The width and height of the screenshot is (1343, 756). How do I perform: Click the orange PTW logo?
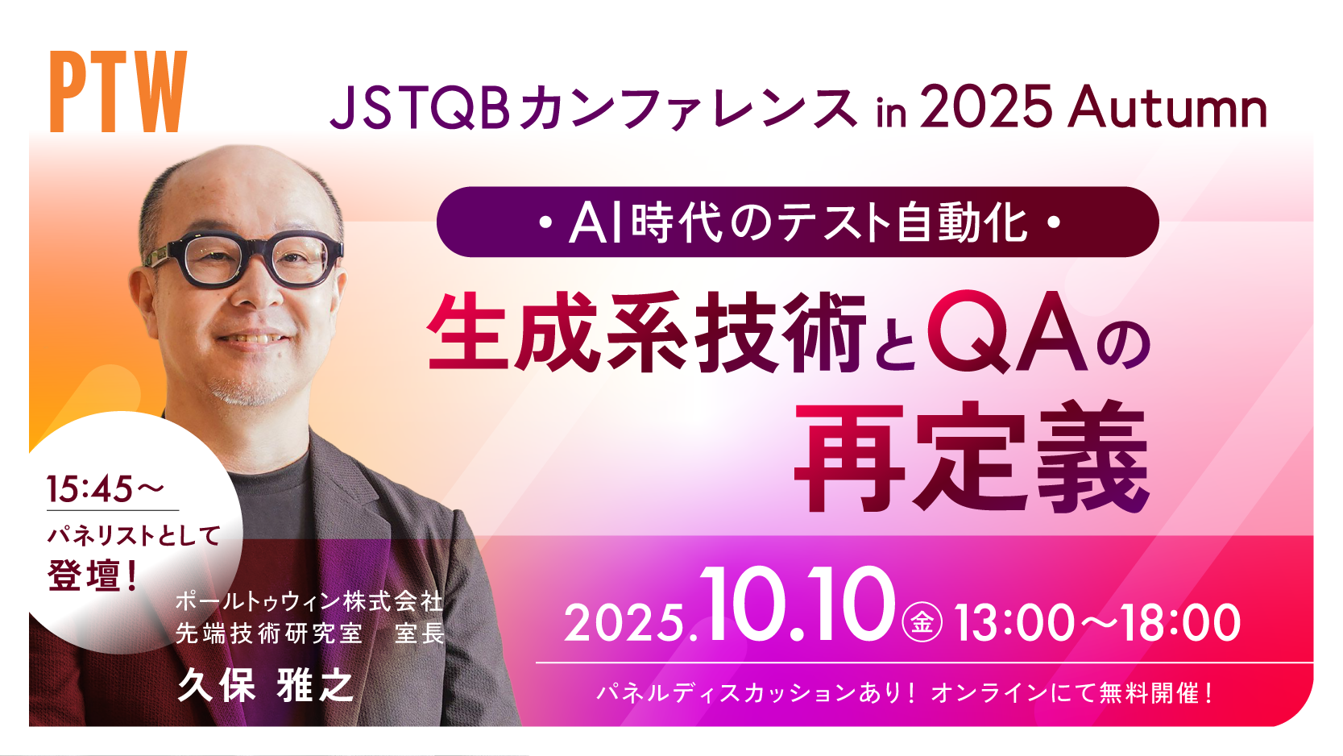pos(118,91)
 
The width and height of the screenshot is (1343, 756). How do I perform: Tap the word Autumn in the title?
pos(1167,106)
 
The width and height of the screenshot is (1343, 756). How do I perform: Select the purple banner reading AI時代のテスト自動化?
pos(798,222)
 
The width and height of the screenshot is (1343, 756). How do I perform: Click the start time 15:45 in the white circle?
pos(90,488)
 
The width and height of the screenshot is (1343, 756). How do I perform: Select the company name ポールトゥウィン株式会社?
pos(309,601)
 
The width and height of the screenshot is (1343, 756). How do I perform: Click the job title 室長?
pos(420,633)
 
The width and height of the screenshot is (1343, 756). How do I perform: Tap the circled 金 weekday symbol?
pos(922,621)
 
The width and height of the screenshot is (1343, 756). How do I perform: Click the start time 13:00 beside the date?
pos(1013,622)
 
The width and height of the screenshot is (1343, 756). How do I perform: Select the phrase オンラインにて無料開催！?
pos(1072,693)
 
